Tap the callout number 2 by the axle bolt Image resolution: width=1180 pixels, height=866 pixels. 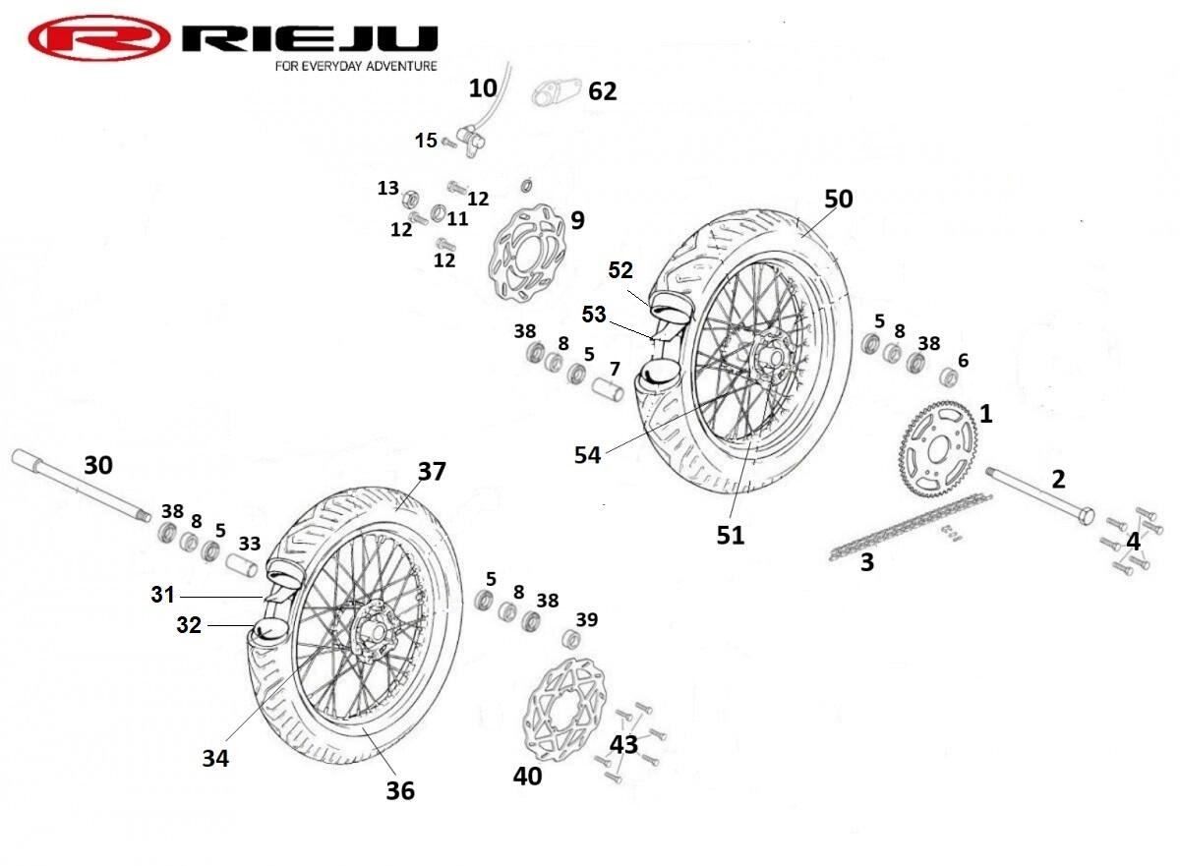point(1058,480)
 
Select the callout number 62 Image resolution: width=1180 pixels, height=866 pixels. point(602,91)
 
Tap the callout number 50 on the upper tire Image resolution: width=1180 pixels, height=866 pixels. point(838,199)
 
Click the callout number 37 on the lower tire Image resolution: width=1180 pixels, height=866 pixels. point(432,472)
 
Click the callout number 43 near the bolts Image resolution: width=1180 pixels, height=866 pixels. point(623,745)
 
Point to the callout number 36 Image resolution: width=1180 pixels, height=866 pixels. point(400,789)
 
